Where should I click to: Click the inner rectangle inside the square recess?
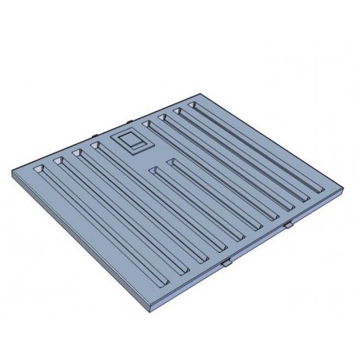coord(129,142)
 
